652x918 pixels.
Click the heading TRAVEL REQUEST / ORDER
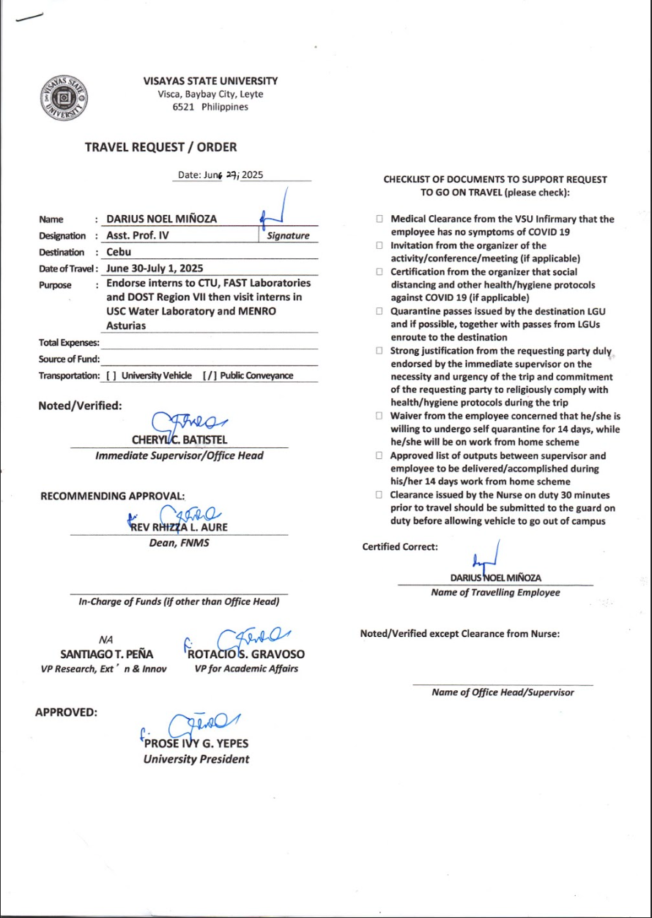coord(160,147)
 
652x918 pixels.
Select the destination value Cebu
coord(119,251)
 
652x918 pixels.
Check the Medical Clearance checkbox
coord(379,219)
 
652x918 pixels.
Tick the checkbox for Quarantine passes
coord(379,311)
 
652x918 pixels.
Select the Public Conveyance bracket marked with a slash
coord(208,376)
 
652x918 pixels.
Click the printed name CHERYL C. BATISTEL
coord(179,441)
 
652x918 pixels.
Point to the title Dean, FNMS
coord(179,543)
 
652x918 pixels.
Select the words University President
coord(196,759)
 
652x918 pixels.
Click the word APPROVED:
coord(67,712)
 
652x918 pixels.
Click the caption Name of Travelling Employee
coord(495,592)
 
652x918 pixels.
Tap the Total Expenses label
coord(68,343)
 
